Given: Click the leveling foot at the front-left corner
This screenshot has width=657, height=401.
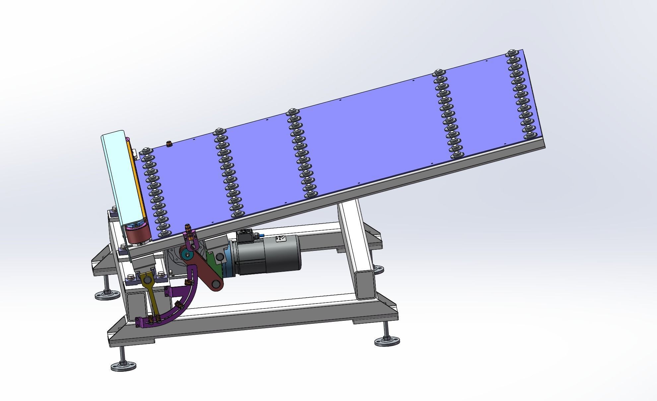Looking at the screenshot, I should (123, 366).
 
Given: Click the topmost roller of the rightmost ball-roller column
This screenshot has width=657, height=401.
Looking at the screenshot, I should (511, 53).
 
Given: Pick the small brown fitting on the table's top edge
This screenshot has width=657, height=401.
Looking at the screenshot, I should (168, 144).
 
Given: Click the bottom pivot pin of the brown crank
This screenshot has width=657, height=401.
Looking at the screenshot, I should (217, 285).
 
